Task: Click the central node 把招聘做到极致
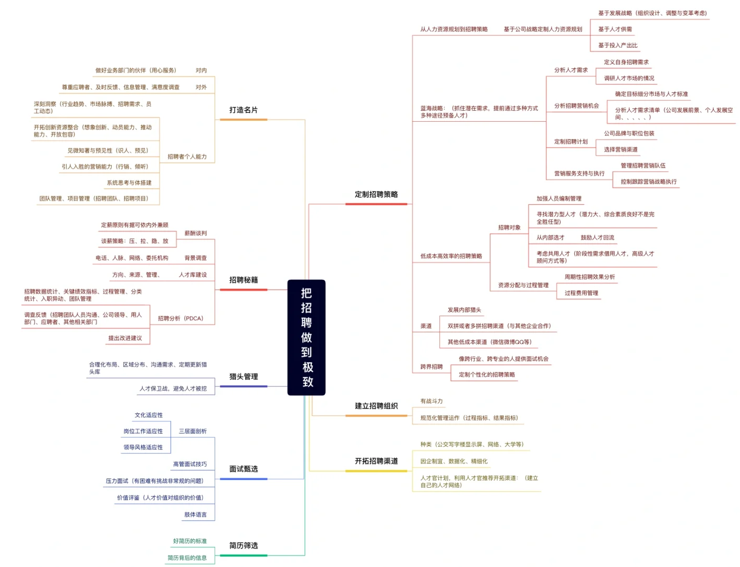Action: (306, 337)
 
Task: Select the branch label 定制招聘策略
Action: (376, 194)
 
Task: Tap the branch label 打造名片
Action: (244, 110)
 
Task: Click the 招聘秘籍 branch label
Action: (244, 280)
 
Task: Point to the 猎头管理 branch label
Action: (244, 376)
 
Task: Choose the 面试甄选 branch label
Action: (244, 469)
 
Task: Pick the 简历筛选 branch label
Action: (244, 545)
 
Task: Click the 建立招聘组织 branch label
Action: (376, 406)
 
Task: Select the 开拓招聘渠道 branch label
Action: (376, 461)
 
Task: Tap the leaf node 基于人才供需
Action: (615, 29)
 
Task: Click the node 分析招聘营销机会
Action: (576, 106)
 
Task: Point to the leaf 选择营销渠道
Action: (620, 150)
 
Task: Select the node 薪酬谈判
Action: (195, 233)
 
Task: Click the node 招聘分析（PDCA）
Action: (181, 319)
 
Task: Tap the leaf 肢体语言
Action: (195, 514)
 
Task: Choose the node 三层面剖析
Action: (193, 431)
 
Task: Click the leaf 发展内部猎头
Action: (464, 310)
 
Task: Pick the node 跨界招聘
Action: (431, 366)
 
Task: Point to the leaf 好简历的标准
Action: (190, 541)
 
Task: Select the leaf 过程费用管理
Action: (581, 293)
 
